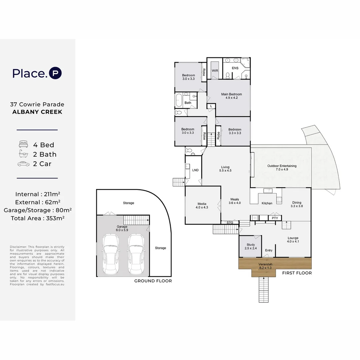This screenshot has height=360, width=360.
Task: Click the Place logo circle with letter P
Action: [55, 73]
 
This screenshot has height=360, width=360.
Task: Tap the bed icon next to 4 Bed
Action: [23, 144]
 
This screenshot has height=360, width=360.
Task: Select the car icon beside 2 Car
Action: [23, 164]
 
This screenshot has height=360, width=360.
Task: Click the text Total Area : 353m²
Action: [37, 218]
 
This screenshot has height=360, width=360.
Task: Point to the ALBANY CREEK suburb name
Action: [37, 112]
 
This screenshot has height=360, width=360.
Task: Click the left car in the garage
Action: [111, 254]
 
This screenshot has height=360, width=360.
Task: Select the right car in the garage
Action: [136, 254]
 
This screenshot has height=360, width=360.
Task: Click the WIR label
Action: [215, 71]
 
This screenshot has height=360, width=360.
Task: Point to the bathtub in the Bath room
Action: [179, 100]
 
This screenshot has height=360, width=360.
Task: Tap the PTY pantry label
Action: [275, 218]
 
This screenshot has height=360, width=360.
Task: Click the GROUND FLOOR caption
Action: [153, 281]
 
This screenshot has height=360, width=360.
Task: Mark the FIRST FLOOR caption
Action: [297, 273]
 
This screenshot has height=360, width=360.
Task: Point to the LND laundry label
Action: [195, 170]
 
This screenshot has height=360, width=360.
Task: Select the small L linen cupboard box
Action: [211, 106]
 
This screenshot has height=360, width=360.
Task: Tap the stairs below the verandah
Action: [264, 290]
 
